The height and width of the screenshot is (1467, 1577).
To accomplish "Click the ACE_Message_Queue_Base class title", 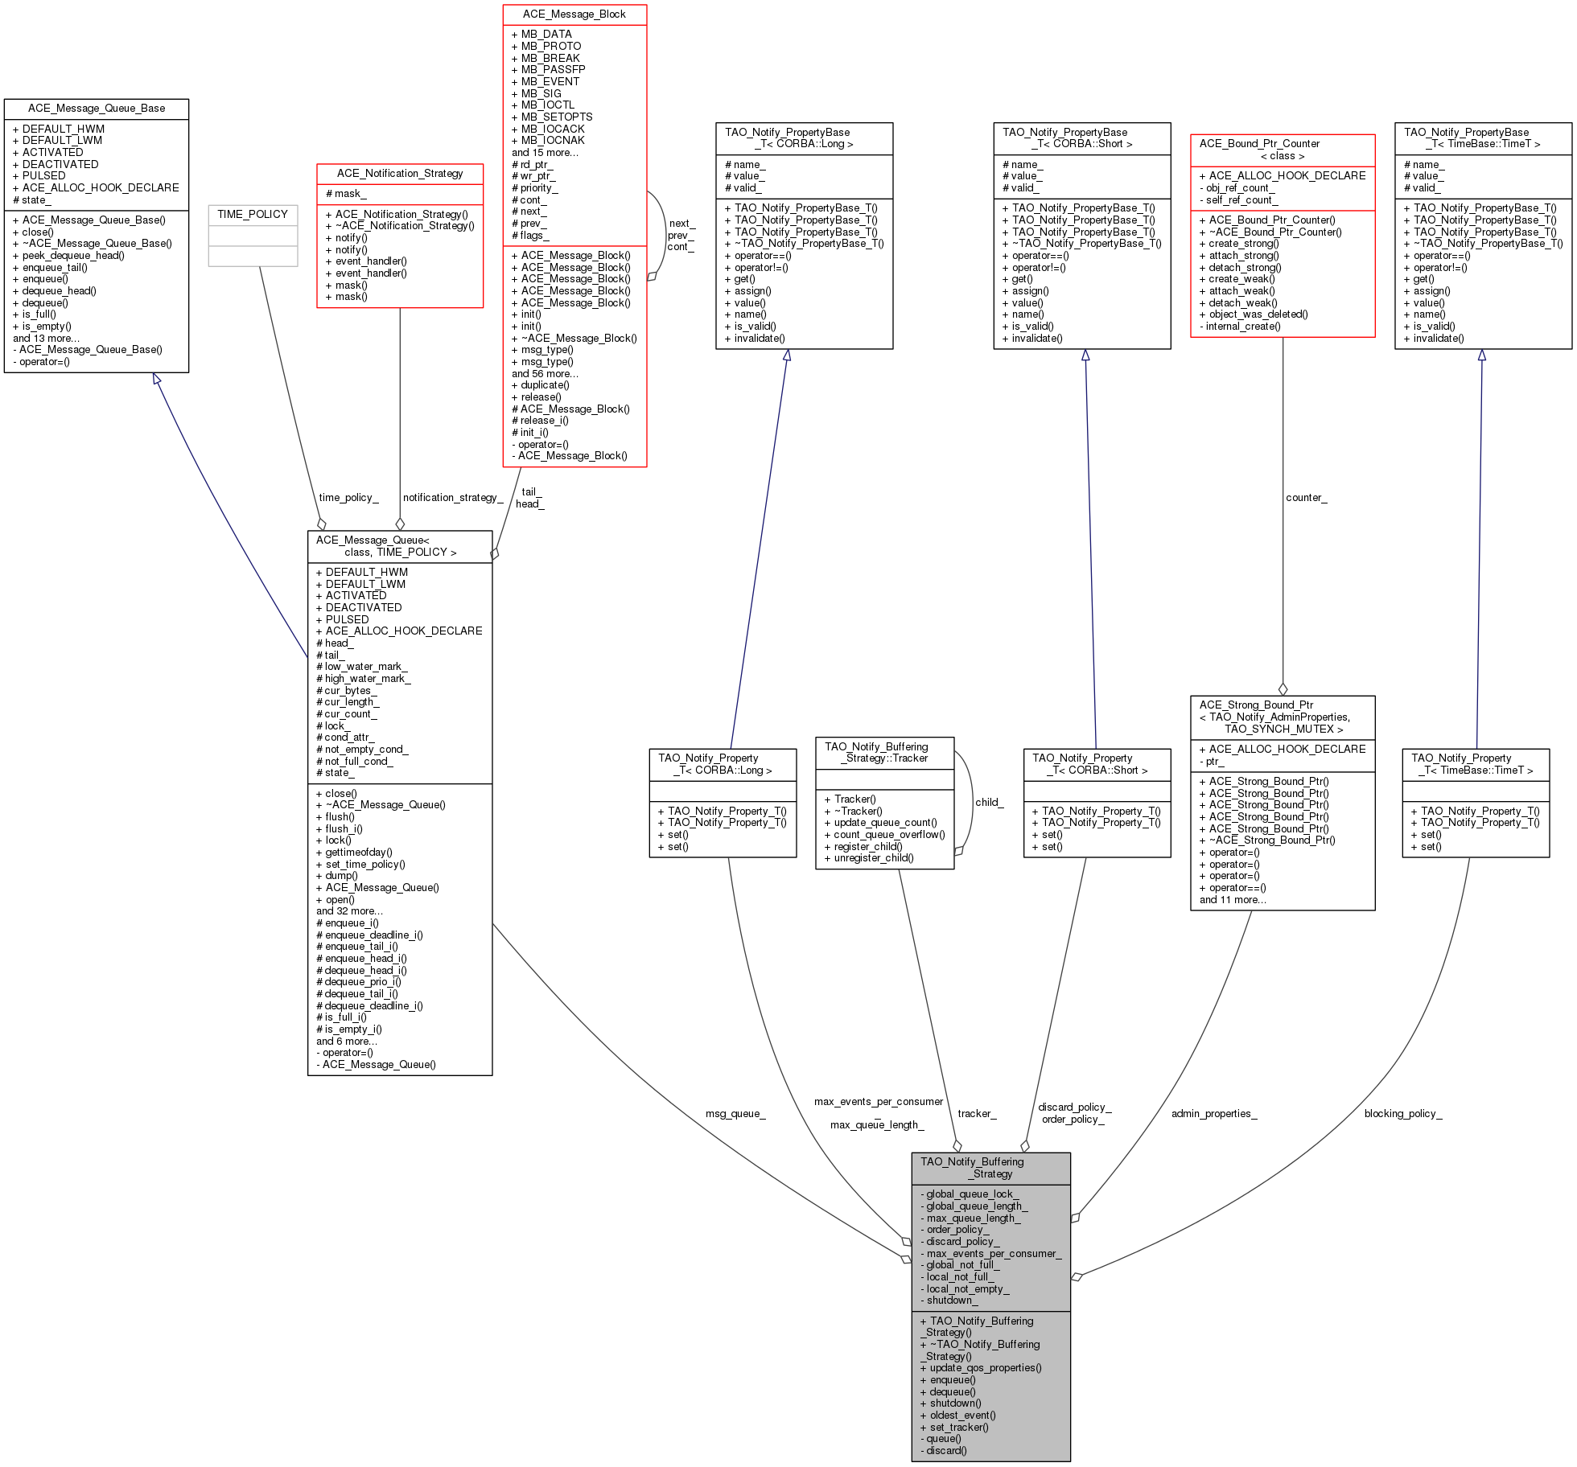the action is pos(97,109).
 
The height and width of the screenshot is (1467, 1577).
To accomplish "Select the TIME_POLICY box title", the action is pos(253,215).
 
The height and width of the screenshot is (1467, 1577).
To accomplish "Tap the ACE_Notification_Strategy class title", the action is pos(400,174).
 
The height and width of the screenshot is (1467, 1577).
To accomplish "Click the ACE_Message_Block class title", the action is pos(574,14).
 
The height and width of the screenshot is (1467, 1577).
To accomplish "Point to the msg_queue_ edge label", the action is pos(735,1114).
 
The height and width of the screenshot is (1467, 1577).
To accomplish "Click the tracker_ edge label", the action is pos(977,1114).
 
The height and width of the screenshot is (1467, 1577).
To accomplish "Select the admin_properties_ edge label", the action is pos(1214,1114).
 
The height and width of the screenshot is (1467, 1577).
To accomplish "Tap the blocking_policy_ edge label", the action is pos(1403,1114).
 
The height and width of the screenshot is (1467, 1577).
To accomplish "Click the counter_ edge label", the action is pos(1307,498).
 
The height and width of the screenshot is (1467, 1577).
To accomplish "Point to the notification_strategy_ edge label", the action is pos(453,498).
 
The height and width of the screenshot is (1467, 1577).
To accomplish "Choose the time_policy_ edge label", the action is pos(348,498).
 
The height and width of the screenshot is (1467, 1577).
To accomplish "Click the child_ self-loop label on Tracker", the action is pos(990,803).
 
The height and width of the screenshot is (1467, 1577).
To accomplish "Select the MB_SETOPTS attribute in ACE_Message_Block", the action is pos(552,117).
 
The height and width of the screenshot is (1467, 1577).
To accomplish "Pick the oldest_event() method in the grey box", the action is pos(957,1416).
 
